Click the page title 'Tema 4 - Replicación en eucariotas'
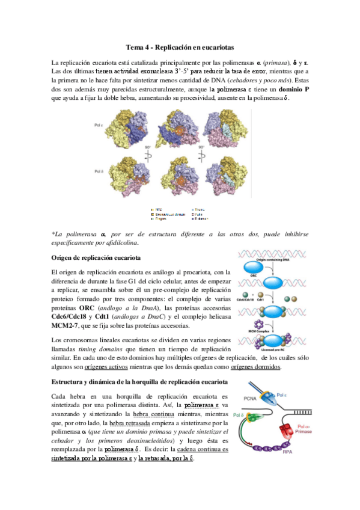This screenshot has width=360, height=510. (x=180, y=47)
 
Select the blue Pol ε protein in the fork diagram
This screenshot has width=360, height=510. (x=268, y=398)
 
